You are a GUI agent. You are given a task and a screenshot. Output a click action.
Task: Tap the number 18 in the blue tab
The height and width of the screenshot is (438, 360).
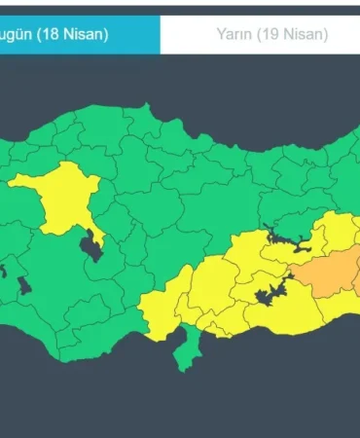point(50,34)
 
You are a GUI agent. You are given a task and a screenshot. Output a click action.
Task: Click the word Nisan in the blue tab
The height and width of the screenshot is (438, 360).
point(82,34)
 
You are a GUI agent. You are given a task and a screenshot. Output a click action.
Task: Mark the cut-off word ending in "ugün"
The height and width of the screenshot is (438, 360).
point(14,34)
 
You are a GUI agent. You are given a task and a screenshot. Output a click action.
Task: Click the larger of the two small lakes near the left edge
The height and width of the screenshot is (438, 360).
point(20,284)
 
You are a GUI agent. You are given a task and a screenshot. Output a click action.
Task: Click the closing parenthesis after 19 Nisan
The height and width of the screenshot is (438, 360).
point(324,34)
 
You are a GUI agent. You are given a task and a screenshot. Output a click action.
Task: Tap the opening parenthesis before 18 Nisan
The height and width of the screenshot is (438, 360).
point(38,34)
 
